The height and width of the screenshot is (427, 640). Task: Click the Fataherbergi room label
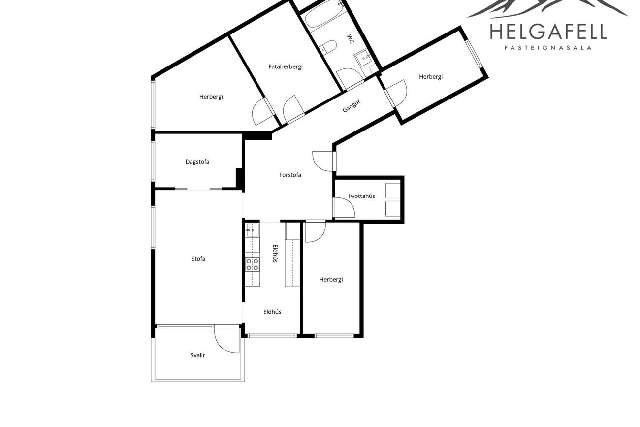coord(286,67)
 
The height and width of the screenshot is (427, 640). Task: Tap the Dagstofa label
coord(197,162)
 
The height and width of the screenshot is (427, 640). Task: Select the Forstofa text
coord(290,175)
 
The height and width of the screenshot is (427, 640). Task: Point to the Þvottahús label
coord(361,196)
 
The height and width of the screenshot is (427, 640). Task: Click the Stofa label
coord(198,259)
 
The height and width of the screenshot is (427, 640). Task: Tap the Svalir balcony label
coord(198,355)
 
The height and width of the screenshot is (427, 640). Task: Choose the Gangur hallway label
coord(351,106)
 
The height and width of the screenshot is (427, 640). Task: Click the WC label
coord(351,39)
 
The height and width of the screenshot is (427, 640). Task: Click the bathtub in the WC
coord(323,15)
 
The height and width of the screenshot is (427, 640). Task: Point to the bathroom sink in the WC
coord(363,58)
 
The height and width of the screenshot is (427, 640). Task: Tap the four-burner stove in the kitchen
coord(252,264)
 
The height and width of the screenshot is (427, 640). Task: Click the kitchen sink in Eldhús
coord(252,230)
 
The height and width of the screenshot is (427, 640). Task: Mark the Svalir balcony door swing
coord(225,340)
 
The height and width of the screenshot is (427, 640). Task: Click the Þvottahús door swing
coord(345,207)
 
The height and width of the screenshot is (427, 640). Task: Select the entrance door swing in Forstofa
coord(323,162)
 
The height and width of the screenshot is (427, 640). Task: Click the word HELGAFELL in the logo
coord(548,32)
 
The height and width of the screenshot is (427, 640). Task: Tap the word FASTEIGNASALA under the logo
coord(548,48)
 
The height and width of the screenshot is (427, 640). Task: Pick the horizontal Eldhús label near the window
coord(272,312)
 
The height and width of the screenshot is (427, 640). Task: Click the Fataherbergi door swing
coord(293,109)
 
